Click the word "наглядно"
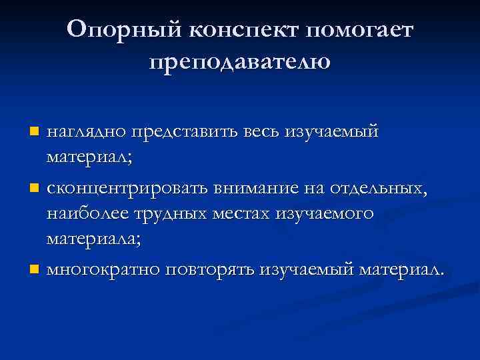point(85,132)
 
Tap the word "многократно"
point(104,270)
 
